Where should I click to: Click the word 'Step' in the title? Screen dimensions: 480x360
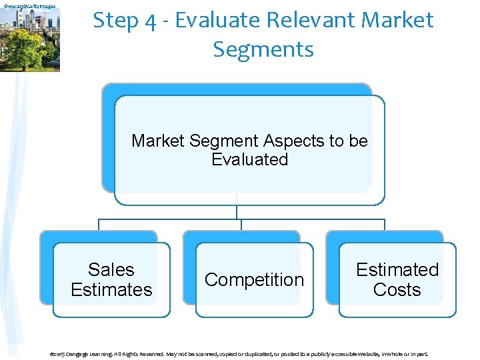point(115,21)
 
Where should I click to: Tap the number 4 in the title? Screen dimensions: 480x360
point(152,21)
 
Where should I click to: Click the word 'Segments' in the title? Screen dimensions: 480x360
point(263,49)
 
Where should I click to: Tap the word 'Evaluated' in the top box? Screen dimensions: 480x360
point(249,160)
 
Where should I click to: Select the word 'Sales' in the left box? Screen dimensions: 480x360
point(111,270)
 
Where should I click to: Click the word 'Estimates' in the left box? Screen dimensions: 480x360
point(111,290)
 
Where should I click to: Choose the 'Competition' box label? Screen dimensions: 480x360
point(254,280)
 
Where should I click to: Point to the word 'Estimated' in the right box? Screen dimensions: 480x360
point(397,270)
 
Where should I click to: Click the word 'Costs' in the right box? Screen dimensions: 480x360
point(397,290)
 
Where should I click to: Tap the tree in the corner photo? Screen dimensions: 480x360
point(27,47)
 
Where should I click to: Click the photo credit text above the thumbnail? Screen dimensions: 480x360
point(29,6)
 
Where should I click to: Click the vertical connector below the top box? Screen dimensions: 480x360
point(236,207)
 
